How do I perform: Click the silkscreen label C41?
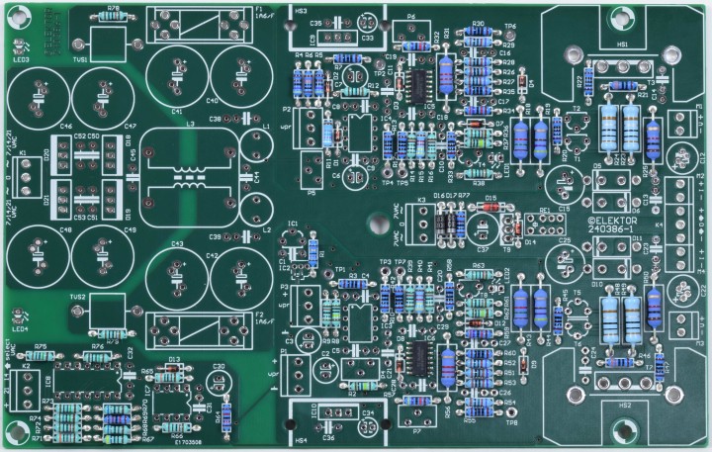176,112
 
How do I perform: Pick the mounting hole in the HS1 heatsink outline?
577,57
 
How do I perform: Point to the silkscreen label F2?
259,316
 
